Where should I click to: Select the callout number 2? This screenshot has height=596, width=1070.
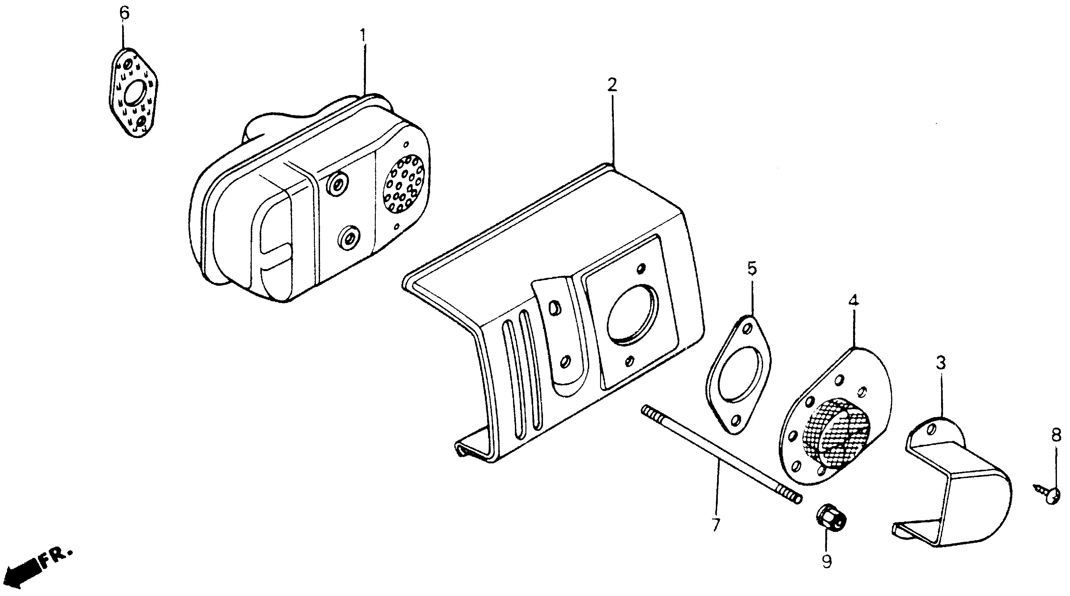(612, 85)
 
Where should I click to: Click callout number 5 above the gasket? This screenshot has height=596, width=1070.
(752, 269)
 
